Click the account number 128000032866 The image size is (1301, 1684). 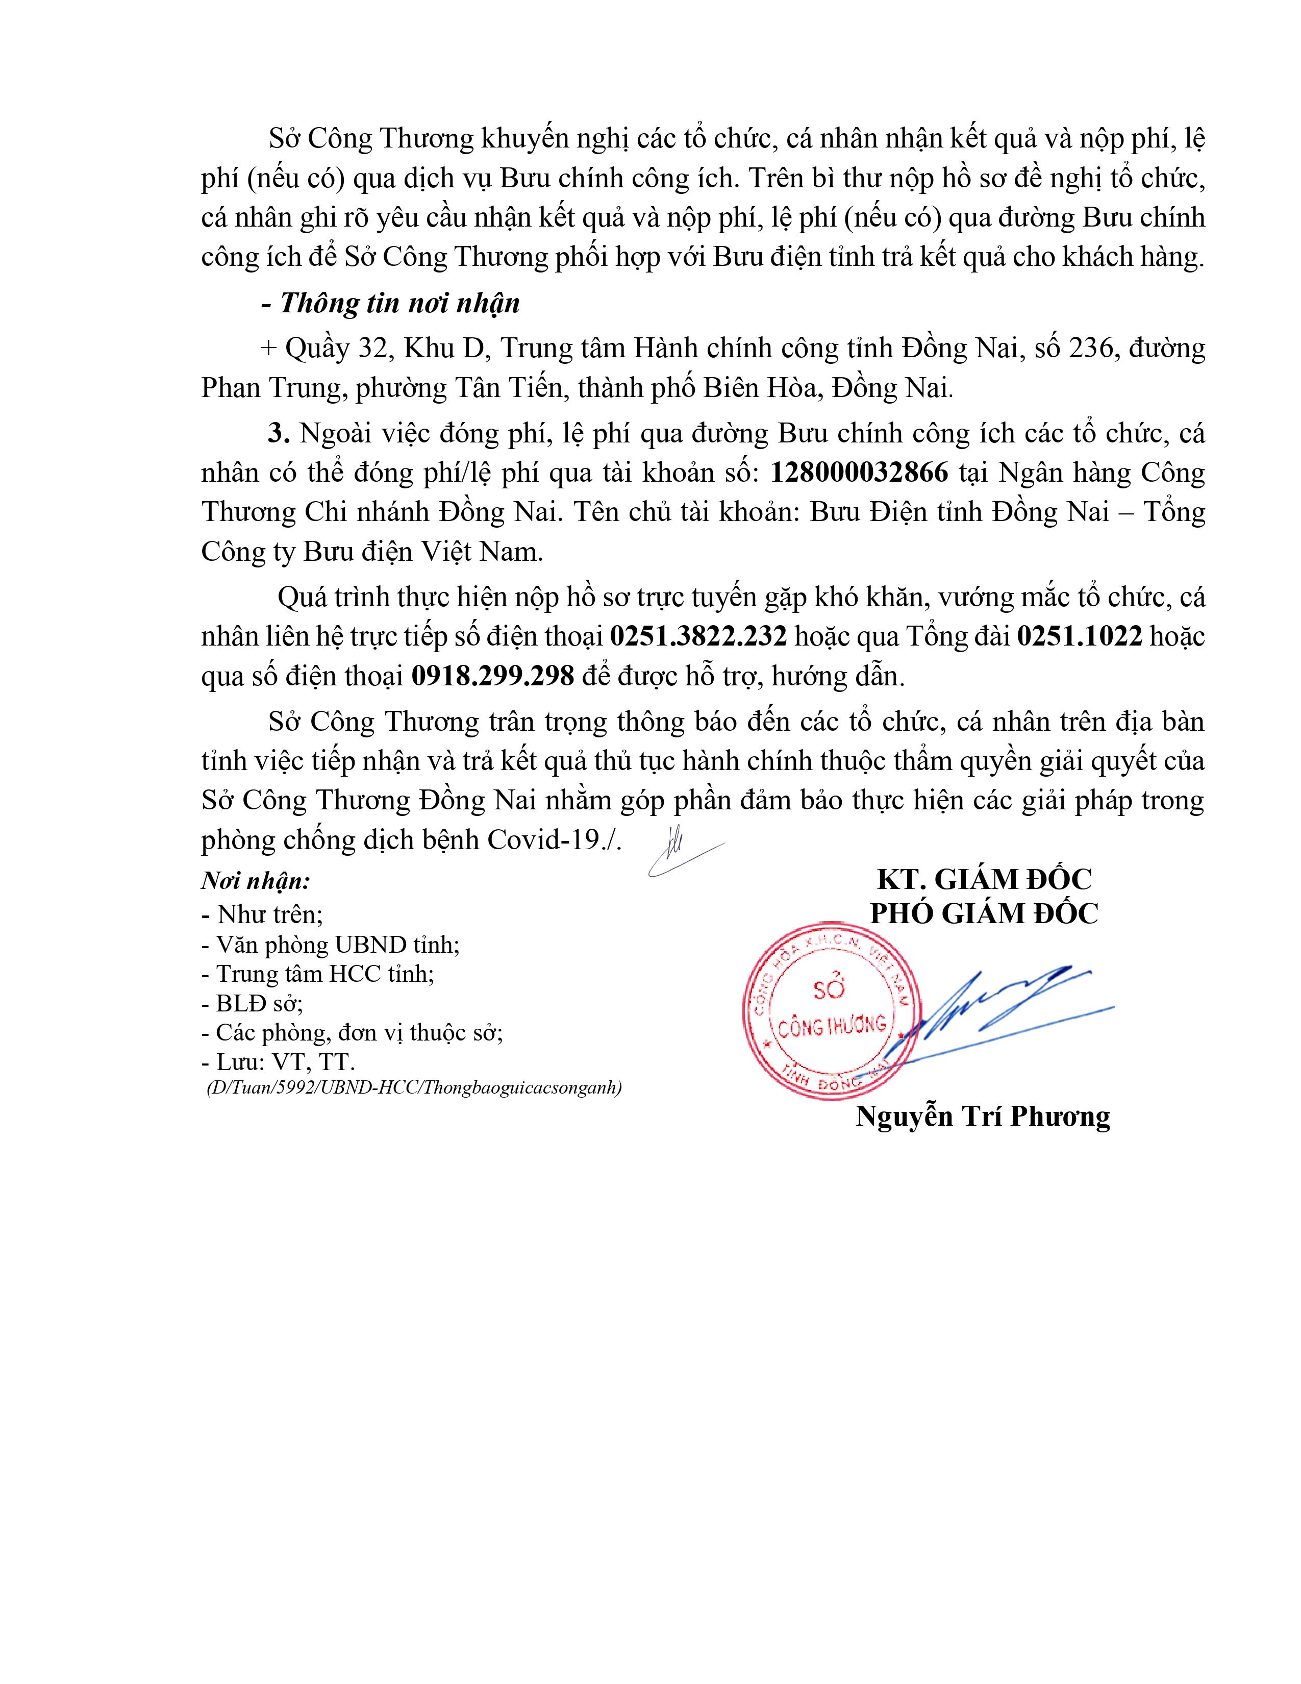point(859,473)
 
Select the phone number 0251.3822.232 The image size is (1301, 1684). point(698,637)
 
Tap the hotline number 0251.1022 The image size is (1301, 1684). point(1079,637)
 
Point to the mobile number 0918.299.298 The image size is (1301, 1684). point(493,676)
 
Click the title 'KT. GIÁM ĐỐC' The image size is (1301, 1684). point(984,880)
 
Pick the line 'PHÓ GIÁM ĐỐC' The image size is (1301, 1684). point(984,914)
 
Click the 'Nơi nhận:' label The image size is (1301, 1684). point(256,881)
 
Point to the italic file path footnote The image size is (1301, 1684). point(414,1088)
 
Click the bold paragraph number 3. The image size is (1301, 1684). point(278,433)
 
